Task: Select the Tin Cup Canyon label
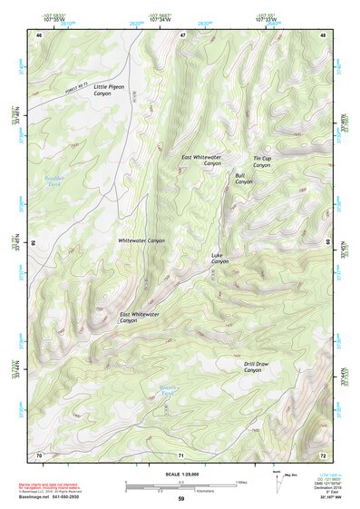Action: click(x=262, y=162)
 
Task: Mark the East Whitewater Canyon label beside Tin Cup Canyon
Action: click(x=200, y=161)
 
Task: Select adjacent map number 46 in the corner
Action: click(x=38, y=34)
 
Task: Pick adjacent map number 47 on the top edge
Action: click(x=181, y=34)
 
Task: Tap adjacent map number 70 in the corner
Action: click(x=38, y=454)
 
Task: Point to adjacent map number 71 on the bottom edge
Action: click(x=181, y=454)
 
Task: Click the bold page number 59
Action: click(x=180, y=498)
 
